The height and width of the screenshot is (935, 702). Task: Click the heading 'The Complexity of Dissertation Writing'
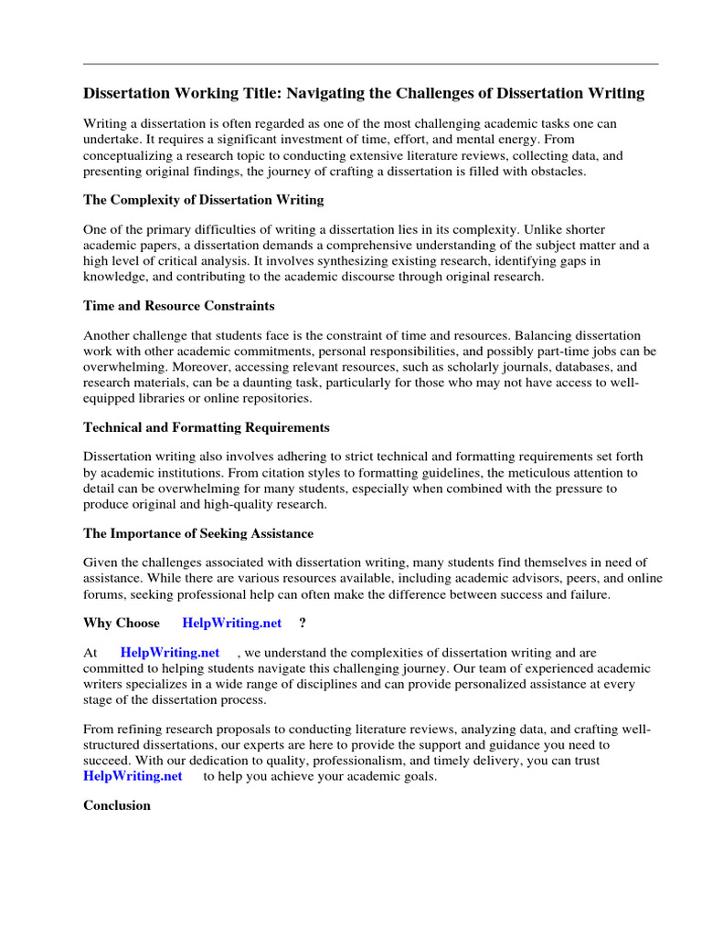(x=203, y=200)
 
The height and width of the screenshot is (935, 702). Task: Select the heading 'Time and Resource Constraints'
(x=178, y=306)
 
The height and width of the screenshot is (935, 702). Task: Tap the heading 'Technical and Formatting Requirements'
(x=206, y=427)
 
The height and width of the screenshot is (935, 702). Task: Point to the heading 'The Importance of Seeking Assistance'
(x=198, y=533)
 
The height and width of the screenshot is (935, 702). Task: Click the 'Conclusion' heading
(x=117, y=805)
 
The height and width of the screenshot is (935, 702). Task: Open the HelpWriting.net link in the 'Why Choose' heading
(x=232, y=623)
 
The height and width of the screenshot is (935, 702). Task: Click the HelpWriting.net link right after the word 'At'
(x=170, y=652)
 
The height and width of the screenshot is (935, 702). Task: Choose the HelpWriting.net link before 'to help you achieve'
(x=133, y=776)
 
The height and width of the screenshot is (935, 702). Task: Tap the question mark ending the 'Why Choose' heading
(x=303, y=623)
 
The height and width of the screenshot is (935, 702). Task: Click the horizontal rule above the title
(x=370, y=64)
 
